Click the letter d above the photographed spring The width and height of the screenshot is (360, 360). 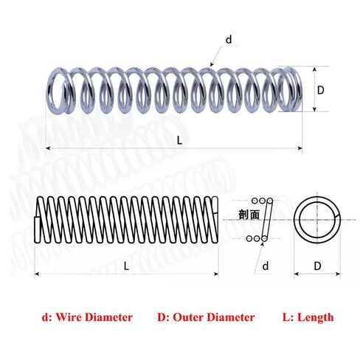tap(229, 39)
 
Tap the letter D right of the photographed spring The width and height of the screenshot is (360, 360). tap(320, 91)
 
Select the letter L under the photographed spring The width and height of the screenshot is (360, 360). tap(180, 140)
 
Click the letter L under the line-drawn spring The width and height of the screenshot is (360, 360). tap(126, 266)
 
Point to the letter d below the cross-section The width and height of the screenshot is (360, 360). tap(266, 266)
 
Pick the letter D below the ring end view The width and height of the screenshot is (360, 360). tap(317, 266)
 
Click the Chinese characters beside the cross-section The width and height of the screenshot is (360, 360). tap(249, 215)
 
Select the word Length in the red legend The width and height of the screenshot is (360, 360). tap(316, 317)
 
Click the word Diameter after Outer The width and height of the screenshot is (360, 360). tap(231, 317)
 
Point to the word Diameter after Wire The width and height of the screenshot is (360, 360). tap(110, 317)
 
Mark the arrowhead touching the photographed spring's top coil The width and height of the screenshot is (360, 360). tap(212, 64)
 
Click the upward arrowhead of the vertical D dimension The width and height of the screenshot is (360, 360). tap(314, 69)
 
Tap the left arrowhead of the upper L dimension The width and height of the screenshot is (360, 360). tap(48, 148)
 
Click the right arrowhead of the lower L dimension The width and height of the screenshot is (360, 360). tap(216, 274)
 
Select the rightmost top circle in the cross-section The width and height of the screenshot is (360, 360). tap(270, 201)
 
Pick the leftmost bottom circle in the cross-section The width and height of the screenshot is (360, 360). tap(249, 238)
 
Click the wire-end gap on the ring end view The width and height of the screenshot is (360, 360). tap(337, 215)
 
